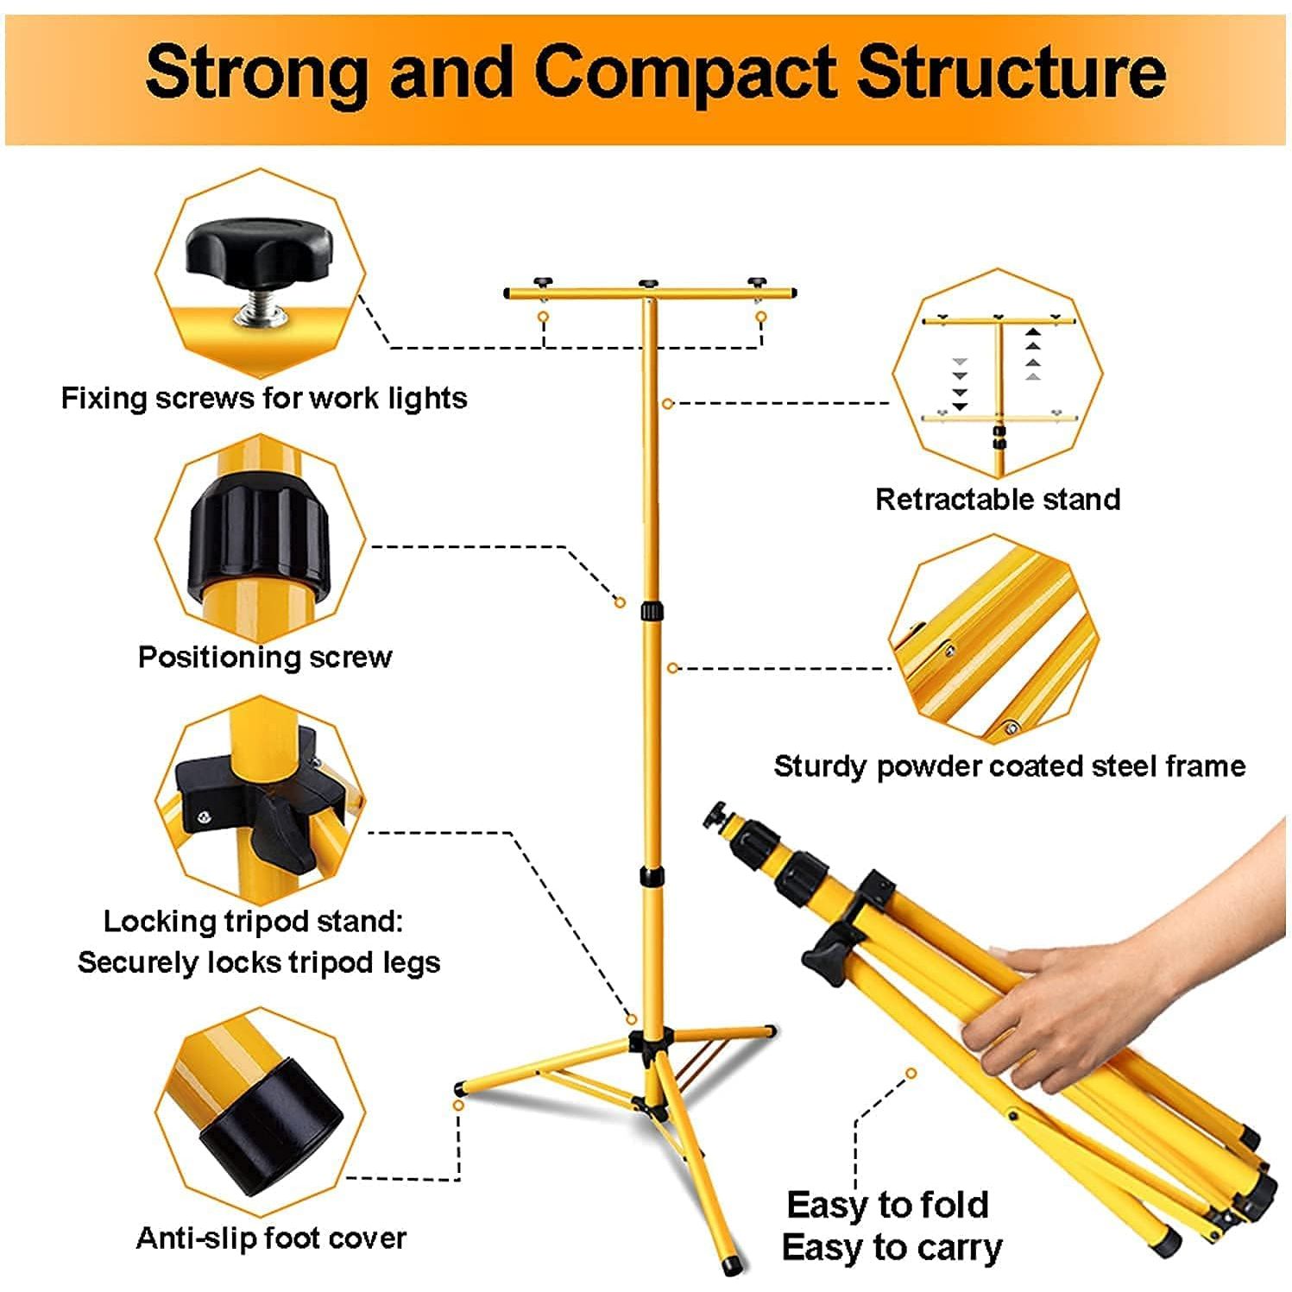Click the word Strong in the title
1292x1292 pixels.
[x=256, y=72]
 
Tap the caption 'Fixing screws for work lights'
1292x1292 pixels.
[x=263, y=398]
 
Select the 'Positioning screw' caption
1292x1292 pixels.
[x=265, y=657]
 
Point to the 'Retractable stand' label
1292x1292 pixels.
[x=998, y=499]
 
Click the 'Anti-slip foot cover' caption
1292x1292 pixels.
[x=271, y=1238]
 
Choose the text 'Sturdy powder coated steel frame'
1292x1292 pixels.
[x=1009, y=766]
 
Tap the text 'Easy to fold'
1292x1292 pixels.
[x=887, y=1204]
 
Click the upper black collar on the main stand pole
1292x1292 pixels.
[x=652, y=612]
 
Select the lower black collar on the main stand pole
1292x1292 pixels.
[x=652, y=877]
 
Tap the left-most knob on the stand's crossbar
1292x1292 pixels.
[x=542, y=282]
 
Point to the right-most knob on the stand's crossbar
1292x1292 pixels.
[x=757, y=282]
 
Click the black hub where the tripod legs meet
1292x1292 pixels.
[x=650, y=1043]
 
